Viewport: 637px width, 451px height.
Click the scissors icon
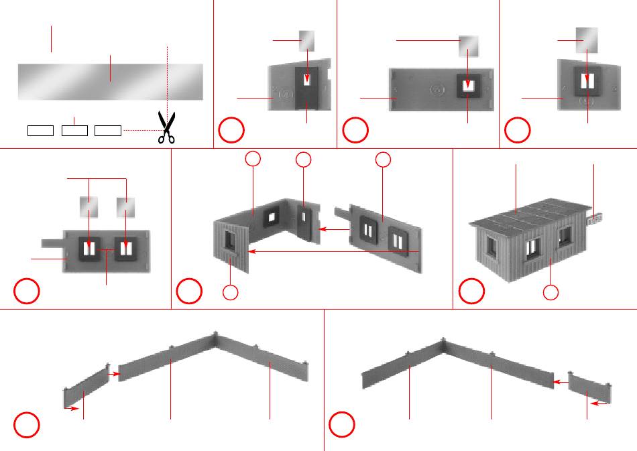[165, 127]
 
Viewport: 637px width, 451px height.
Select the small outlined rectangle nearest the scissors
[107, 130]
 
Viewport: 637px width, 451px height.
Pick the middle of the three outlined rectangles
[74, 130]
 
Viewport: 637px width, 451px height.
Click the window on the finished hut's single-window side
[564, 235]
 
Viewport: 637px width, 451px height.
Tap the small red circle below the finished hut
[551, 293]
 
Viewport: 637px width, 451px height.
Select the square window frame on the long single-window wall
[468, 86]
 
